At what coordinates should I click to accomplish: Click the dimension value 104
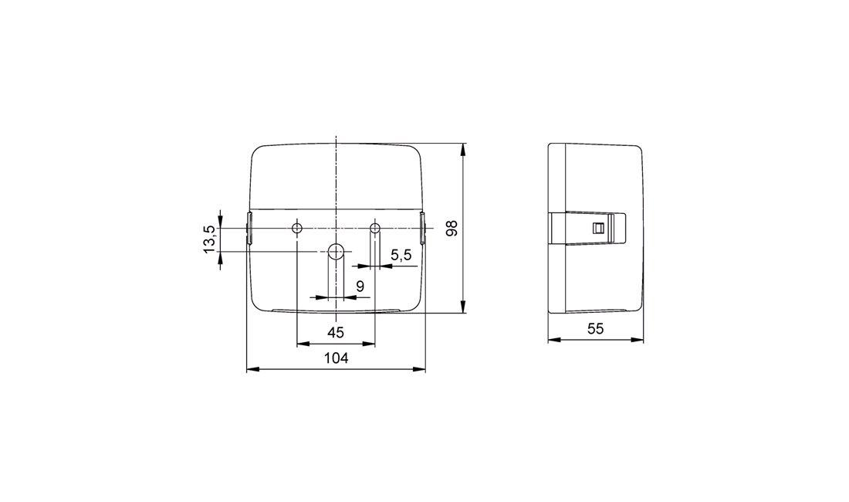pyautogui.click(x=336, y=358)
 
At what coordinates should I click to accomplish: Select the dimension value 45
pyautogui.click(x=336, y=333)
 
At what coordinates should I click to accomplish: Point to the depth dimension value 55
pyautogui.click(x=595, y=329)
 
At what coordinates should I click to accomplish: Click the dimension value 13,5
pyautogui.click(x=210, y=240)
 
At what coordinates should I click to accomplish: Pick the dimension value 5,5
pyautogui.click(x=401, y=255)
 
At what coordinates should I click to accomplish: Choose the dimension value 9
pyautogui.click(x=360, y=286)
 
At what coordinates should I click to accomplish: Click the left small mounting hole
pyautogui.click(x=296, y=228)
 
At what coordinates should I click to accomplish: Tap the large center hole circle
pyautogui.click(x=337, y=251)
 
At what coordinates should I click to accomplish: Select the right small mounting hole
pyautogui.click(x=374, y=227)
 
